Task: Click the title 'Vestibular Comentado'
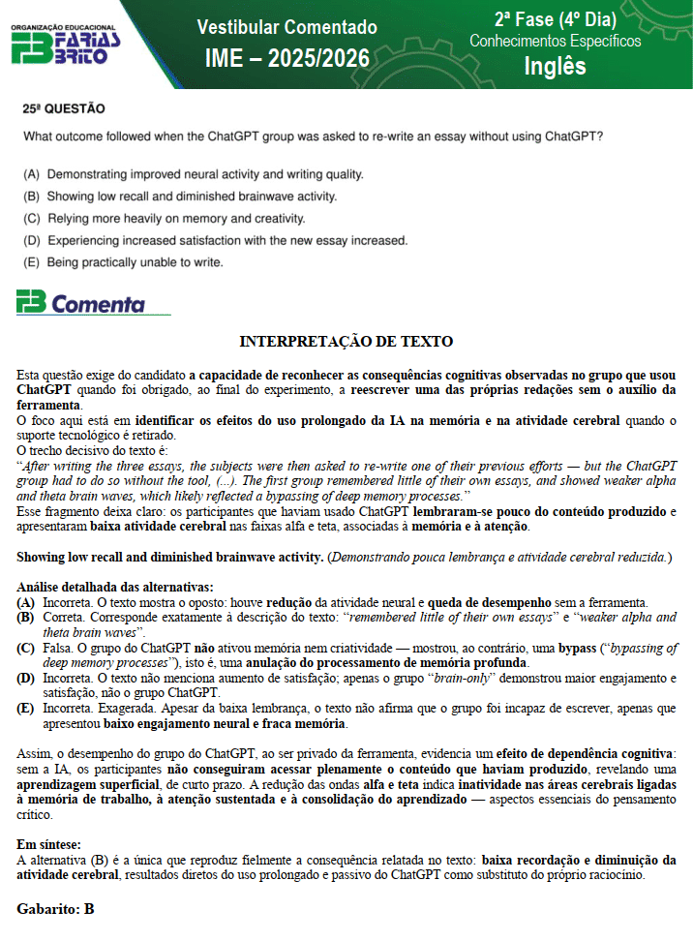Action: coord(286,27)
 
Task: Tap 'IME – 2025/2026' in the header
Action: coord(286,59)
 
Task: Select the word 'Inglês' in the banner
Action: coord(555,66)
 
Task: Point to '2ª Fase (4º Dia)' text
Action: coord(555,18)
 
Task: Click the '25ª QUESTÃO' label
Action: coord(64,109)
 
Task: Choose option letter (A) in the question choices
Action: coord(32,174)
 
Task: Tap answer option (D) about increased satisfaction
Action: coord(215,240)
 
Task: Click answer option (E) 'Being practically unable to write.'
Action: coord(124,262)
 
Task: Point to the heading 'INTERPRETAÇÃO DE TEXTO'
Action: coord(346,342)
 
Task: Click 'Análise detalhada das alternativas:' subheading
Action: coord(115,587)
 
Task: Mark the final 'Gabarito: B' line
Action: coord(55,909)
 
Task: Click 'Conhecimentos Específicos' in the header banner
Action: coord(555,42)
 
